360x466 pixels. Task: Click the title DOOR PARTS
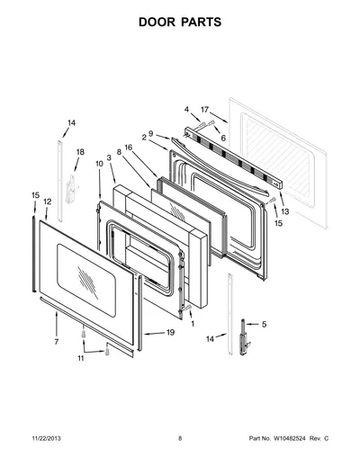point(180,22)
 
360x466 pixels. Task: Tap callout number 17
point(204,110)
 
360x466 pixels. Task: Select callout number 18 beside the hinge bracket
point(80,152)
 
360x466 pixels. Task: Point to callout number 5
point(264,324)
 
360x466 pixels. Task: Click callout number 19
point(170,332)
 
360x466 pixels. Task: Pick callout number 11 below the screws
point(81,358)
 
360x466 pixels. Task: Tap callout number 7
point(57,342)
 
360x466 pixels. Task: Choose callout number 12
point(48,202)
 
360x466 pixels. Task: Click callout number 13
point(285,211)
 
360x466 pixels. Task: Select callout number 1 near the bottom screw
point(193,324)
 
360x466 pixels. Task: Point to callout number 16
point(129,148)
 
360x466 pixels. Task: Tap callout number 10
point(99,164)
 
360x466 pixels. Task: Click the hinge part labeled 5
point(244,338)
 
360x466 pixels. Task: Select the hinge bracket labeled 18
point(71,189)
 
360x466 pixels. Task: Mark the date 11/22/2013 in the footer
point(46,438)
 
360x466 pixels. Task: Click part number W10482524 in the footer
point(289,438)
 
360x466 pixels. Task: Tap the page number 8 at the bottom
point(180,438)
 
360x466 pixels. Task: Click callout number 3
point(109,157)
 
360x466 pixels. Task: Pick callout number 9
point(150,133)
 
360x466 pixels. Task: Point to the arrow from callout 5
point(252,324)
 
